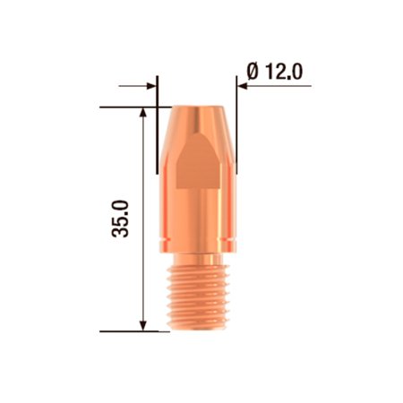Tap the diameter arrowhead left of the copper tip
click(x=152, y=87)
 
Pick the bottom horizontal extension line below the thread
click(x=134, y=330)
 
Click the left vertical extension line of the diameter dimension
click(x=158, y=90)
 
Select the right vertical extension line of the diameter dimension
click(x=236, y=90)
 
